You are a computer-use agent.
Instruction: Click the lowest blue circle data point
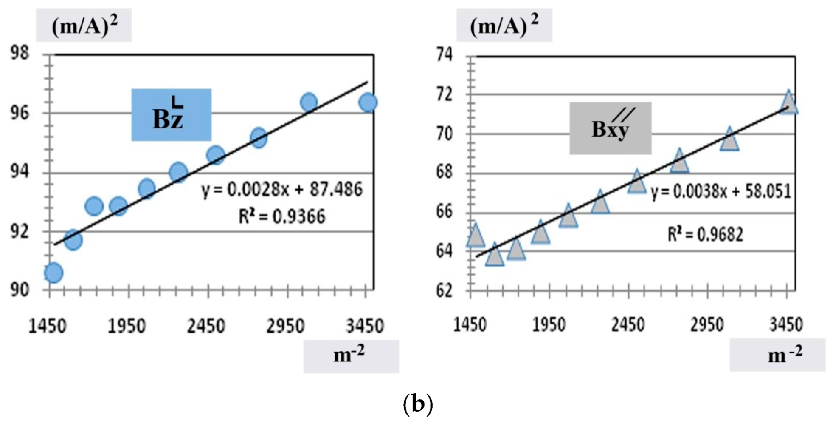pyautogui.click(x=53, y=273)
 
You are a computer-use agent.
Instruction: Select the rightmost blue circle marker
pyautogui.click(x=368, y=102)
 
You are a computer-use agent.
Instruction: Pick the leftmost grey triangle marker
pyautogui.click(x=475, y=236)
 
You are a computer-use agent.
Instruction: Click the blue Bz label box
pyautogui.click(x=171, y=115)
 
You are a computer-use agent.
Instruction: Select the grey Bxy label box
pyautogui.click(x=610, y=128)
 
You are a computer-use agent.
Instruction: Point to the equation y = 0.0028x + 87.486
pyautogui.click(x=282, y=189)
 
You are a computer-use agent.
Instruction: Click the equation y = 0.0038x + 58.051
pyautogui.click(x=721, y=192)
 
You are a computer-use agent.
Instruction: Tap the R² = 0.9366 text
pyautogui.click(x=282, y=216)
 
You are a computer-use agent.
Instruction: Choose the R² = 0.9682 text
pyautogui.click(x=705, y=234)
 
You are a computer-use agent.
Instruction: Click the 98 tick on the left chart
pyautogui.click(x=20, y=54)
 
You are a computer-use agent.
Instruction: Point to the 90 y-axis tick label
pyautogui.click(x=20, y=290)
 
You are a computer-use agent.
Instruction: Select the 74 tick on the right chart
pyautogui.click(x=445, y=54)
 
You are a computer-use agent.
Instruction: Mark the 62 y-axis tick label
pyautogui.click(x=445, y=291)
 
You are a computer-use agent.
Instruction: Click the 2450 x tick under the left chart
pyautogui.click(x=206, y=326)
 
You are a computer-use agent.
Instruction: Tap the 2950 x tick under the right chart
pyautogui.click(x=707, y=325)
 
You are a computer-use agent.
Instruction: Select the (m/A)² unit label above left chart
pyautogui.click(x=84, y=26)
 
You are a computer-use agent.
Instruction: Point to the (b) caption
pyautogui.click(x=417, y=404)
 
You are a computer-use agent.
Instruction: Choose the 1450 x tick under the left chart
pyautogui.click(x=47, y=326)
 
